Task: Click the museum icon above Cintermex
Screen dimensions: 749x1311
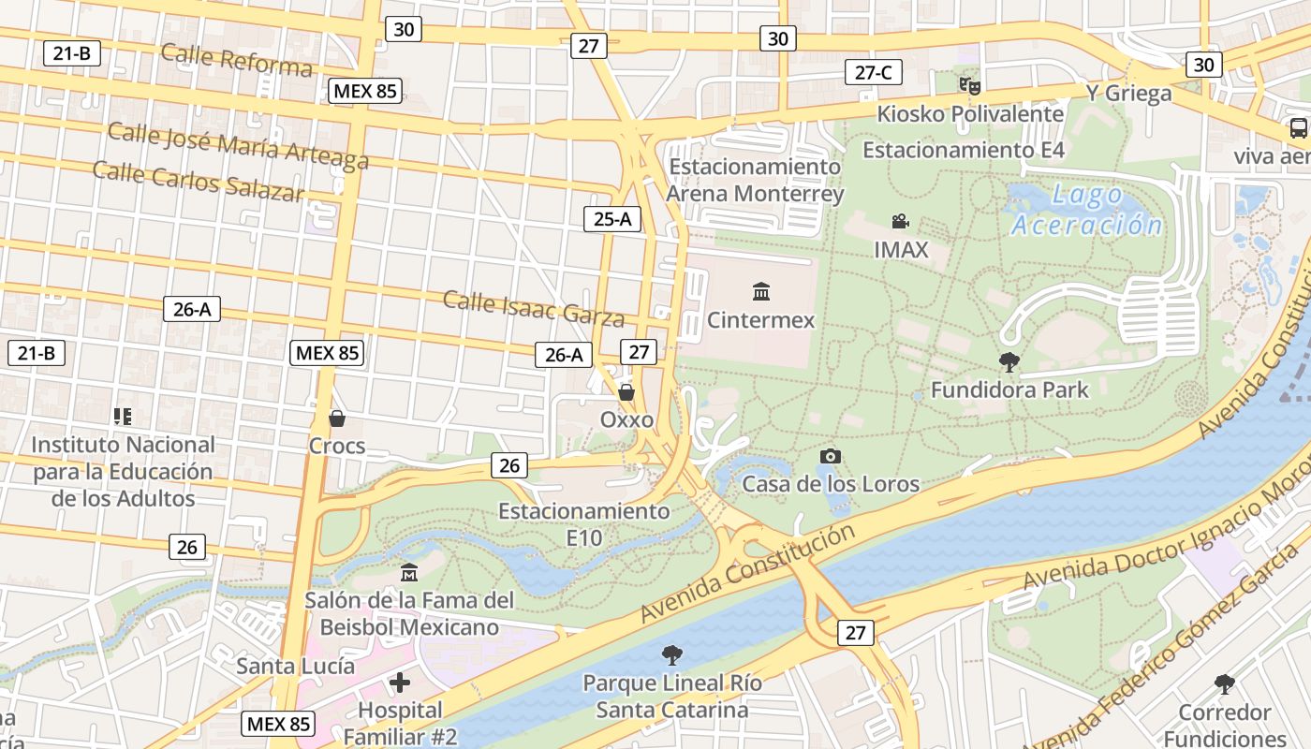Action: point(761,291)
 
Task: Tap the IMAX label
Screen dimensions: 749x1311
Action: point(901,250)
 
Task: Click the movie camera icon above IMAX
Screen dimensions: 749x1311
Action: point(900,222)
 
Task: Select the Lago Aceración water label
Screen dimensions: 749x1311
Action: point(1086,210)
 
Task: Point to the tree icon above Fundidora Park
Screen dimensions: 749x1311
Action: point(1009,361)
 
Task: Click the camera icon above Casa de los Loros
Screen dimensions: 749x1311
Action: point(830,456)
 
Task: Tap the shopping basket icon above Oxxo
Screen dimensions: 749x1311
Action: point(626,392)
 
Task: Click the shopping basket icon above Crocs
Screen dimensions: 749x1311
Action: point(336,418)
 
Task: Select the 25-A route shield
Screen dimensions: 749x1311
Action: point(612,219)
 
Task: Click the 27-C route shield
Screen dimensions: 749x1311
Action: point(873,72)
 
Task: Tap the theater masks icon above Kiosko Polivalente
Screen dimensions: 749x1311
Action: point(970,85)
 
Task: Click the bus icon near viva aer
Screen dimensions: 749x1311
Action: point(1298,128)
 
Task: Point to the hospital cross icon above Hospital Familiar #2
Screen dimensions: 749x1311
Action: point(400,682)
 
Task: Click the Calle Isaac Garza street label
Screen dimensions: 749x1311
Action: point(533,308)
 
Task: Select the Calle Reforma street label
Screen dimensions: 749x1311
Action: point(236,59)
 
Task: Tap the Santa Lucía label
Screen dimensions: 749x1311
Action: point(295,666)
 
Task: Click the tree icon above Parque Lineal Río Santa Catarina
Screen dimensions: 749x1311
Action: point(671,654)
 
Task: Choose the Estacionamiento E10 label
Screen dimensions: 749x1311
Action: point(583,524)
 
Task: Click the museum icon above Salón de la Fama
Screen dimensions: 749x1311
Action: point(408,572)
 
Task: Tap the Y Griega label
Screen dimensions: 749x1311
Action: point(1128,93)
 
